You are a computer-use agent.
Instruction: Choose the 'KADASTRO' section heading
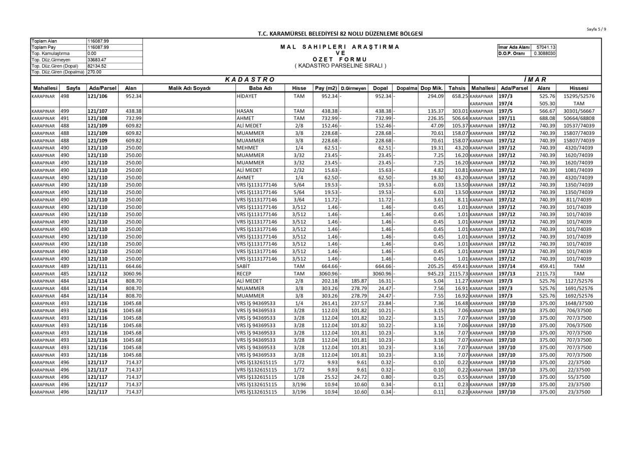click(248, 79)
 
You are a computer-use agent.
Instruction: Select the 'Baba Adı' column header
click(256, 88)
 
